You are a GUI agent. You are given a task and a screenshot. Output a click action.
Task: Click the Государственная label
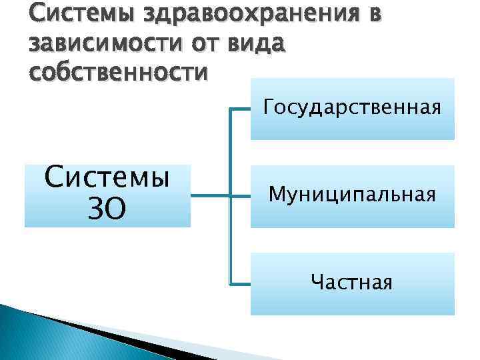point(352,107)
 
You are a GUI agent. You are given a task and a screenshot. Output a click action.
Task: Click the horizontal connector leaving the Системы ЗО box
point(209,196)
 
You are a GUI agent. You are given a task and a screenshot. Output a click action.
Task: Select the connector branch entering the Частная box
point(240,283)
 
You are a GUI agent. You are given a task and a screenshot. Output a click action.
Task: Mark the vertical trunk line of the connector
point(230,153)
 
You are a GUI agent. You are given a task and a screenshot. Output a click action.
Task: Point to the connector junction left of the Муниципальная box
point(230,196)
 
